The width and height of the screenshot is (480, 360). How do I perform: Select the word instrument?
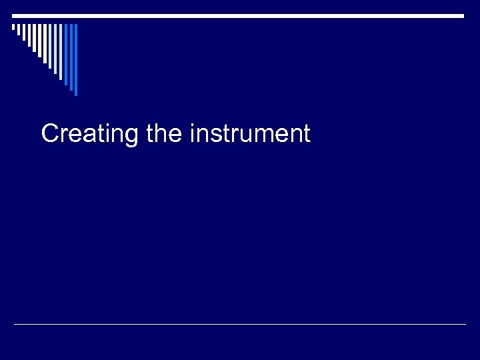tap(250, 134)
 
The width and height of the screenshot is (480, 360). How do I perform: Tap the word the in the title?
tap(163, 134)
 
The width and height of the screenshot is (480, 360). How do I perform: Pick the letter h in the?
tap(163, 133)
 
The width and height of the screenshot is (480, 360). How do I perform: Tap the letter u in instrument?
tap(242, 135)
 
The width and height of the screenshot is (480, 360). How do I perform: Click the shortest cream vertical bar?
tap(13, 27)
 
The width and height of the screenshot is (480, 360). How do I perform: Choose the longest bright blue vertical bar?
tap(76, 60)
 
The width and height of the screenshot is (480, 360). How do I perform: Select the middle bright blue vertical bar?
tap(71, 57)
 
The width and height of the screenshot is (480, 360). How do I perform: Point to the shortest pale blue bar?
tap(50, 46)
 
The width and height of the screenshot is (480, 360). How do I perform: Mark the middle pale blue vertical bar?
tap(55, 49)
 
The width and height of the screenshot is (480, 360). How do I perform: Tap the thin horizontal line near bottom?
tap(240, 324)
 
